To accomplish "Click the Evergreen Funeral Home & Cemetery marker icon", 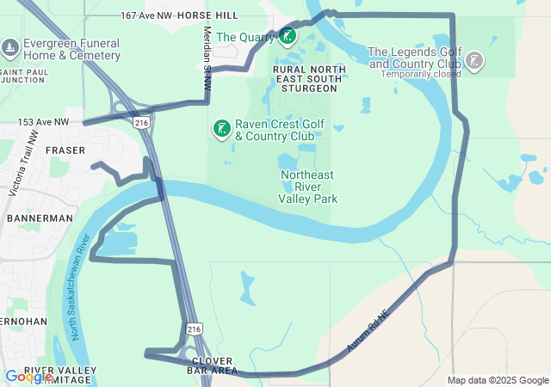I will click(x=10, y=46).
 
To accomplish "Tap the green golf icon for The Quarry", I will click(x=288, y=36).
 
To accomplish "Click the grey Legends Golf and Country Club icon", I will click(x=474, y=60).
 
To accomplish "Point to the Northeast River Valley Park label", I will click(x=308, y=187).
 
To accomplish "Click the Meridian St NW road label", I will click(x=207, y=58).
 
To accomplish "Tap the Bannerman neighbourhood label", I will click(x=40, y=218).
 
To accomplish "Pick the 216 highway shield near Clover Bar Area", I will click(x=195, y=329).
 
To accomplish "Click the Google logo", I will click(x=28, y=377).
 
